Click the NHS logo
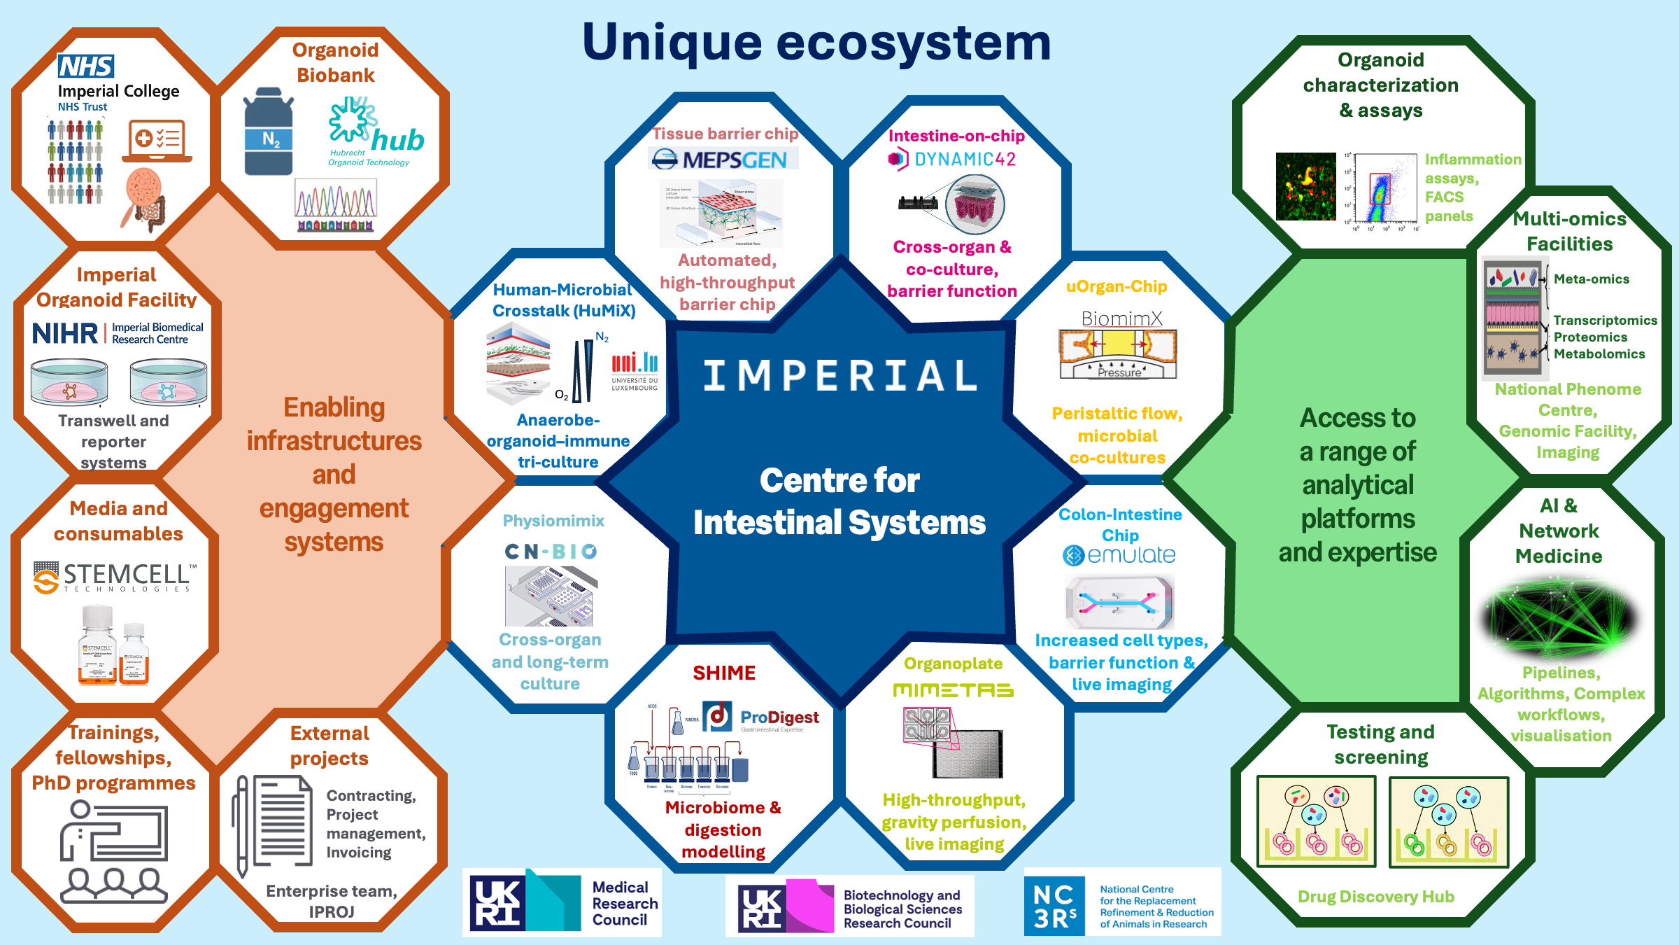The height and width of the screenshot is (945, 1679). point(86,66)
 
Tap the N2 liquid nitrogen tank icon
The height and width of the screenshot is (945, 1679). point(269,133)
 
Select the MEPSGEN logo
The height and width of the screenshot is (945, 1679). point(724,160)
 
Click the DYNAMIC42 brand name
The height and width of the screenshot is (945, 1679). point(965,160)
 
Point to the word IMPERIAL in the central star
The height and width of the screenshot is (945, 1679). point(839,376)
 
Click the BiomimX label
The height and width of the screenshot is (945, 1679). point(1121,318)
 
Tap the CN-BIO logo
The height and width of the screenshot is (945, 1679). point(551,552)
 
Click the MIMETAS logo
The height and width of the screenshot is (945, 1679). point(953,691)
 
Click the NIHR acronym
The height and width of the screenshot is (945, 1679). point(65,333)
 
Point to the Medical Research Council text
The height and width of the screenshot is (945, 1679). point(625,903)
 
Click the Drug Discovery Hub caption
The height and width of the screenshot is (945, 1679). point(1375,897)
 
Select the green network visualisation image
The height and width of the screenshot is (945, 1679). point(1558,617)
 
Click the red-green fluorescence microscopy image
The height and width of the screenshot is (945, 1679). point(1305,187)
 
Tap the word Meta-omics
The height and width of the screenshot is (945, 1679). point(1591,279)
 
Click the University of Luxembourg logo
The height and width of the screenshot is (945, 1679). point(635,371)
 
